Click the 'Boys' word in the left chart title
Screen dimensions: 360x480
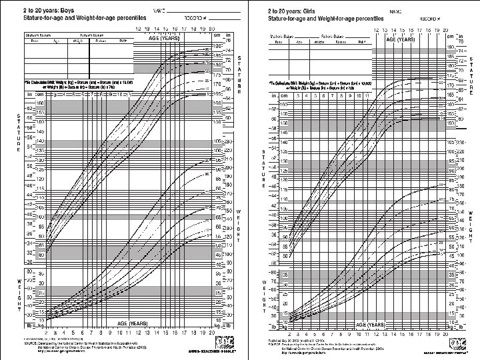tap(53, 11)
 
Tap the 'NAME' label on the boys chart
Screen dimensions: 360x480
tap(159, 11)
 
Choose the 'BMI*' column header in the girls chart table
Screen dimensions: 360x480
tap(361, 41)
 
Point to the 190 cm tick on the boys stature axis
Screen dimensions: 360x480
tap(216, 45)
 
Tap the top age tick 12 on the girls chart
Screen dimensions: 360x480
tap(377, 31)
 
